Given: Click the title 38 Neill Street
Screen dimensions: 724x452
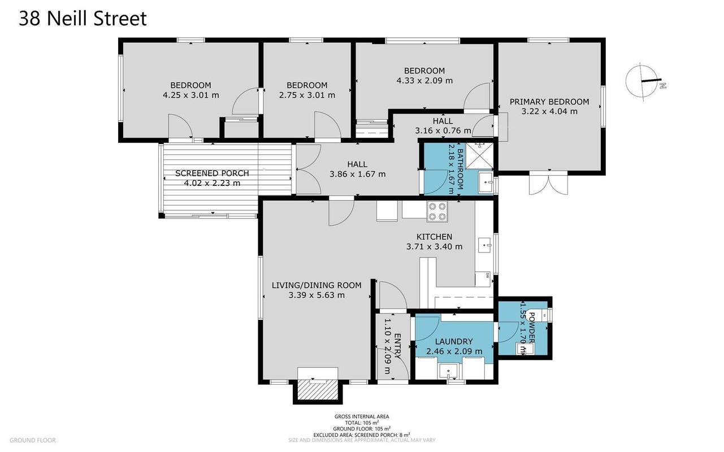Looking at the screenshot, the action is click(x=83, y=19).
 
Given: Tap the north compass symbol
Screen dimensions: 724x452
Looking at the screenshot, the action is click(x=645, y=82).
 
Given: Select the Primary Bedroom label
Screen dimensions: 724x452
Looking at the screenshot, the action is click(x=549, y=102).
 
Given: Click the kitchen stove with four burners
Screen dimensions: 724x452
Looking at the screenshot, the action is click(x=437, y=211).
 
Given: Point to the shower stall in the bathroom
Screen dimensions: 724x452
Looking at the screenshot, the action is click(x=479, y=156).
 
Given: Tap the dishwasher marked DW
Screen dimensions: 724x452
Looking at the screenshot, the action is click(x=483, y=279).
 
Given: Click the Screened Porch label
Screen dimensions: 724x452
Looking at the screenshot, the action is click(x=212, y=173).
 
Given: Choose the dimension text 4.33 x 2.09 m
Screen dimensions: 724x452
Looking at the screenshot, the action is click(x=424, y=80).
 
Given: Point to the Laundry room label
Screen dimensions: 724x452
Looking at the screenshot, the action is click(x=454, y=341).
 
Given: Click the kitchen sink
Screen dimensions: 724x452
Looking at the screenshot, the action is click(x=484, y=245).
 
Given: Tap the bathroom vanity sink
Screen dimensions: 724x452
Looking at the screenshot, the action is click(x=485, y=182).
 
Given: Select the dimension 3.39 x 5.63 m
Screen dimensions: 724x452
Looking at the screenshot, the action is click(x=317, y=295).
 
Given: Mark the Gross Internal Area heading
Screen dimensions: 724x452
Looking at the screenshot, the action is click(x=362, y=416).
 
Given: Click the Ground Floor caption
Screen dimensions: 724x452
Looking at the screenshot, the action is click(x=33, y=440).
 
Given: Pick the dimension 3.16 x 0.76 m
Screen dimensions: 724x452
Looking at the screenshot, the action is click(x=443, y=131).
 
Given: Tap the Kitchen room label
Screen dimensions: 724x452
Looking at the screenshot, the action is click(x=434, y=237).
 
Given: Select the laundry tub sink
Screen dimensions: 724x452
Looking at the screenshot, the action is click(x=448, y=371).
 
